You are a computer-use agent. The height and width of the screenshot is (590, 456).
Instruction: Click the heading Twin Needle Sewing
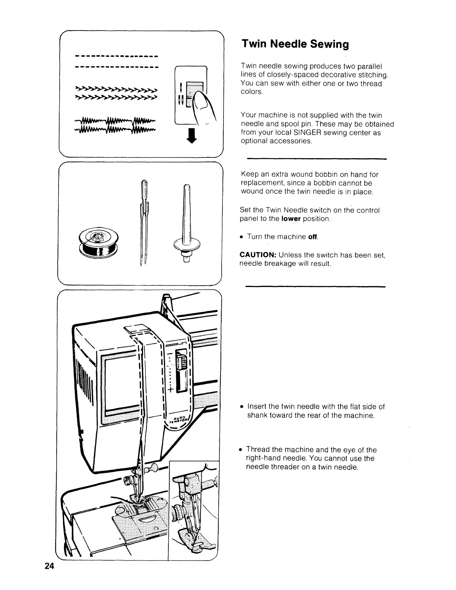point(295,44)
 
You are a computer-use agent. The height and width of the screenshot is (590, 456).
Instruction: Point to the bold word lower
point(291,219)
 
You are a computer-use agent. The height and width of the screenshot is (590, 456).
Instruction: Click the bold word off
point(313,237)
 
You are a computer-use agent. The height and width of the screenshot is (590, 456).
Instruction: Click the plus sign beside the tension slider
point(171,390)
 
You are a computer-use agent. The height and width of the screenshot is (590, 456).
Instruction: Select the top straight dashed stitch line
point(117,57)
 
